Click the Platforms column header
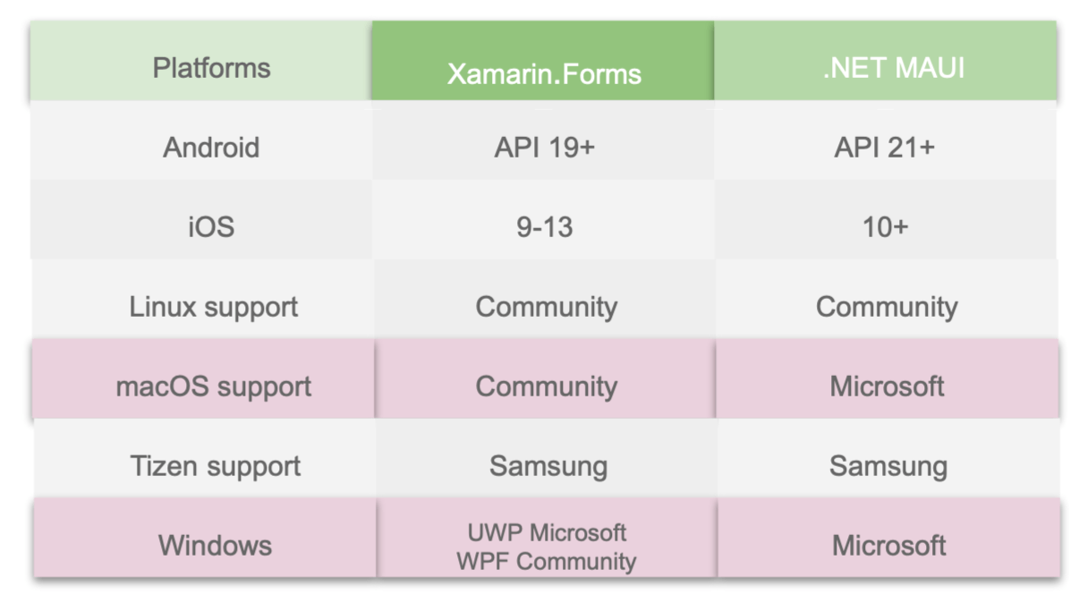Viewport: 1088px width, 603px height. [x=211, y=68]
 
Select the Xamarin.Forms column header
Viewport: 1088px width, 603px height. [x=544, y=73]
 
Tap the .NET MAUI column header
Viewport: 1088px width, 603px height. [x=893, y=68]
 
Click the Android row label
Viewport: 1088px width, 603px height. [x=211, y=148]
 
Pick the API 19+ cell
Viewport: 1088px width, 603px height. [x=544, y=148]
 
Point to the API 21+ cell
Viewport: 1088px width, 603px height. [x=884, y=148]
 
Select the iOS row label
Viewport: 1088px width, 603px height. [x=211, y=226]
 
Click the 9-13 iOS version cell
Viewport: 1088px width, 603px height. [x=544, y=227]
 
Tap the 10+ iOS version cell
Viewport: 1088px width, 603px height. [x=884, y=227]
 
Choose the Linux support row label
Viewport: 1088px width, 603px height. [x=213, y=307]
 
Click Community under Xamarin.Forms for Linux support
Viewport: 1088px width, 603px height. [x=546, y=307]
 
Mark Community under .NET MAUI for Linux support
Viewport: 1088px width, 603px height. [x=886, y=307]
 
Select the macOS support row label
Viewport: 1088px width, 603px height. [x=213, y=386]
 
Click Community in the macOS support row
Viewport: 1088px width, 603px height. [x=546, y=386]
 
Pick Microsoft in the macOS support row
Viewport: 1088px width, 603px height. [x=887, y=386]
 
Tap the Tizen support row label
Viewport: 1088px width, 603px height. [x=215, y=466]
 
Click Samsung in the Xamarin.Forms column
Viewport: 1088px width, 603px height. [x=548, y=466]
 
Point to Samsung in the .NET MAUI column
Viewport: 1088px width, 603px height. [x=888, y=466]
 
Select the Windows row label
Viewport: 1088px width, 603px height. [x=215, y=545]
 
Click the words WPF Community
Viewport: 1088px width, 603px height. [x=546, y=561]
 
